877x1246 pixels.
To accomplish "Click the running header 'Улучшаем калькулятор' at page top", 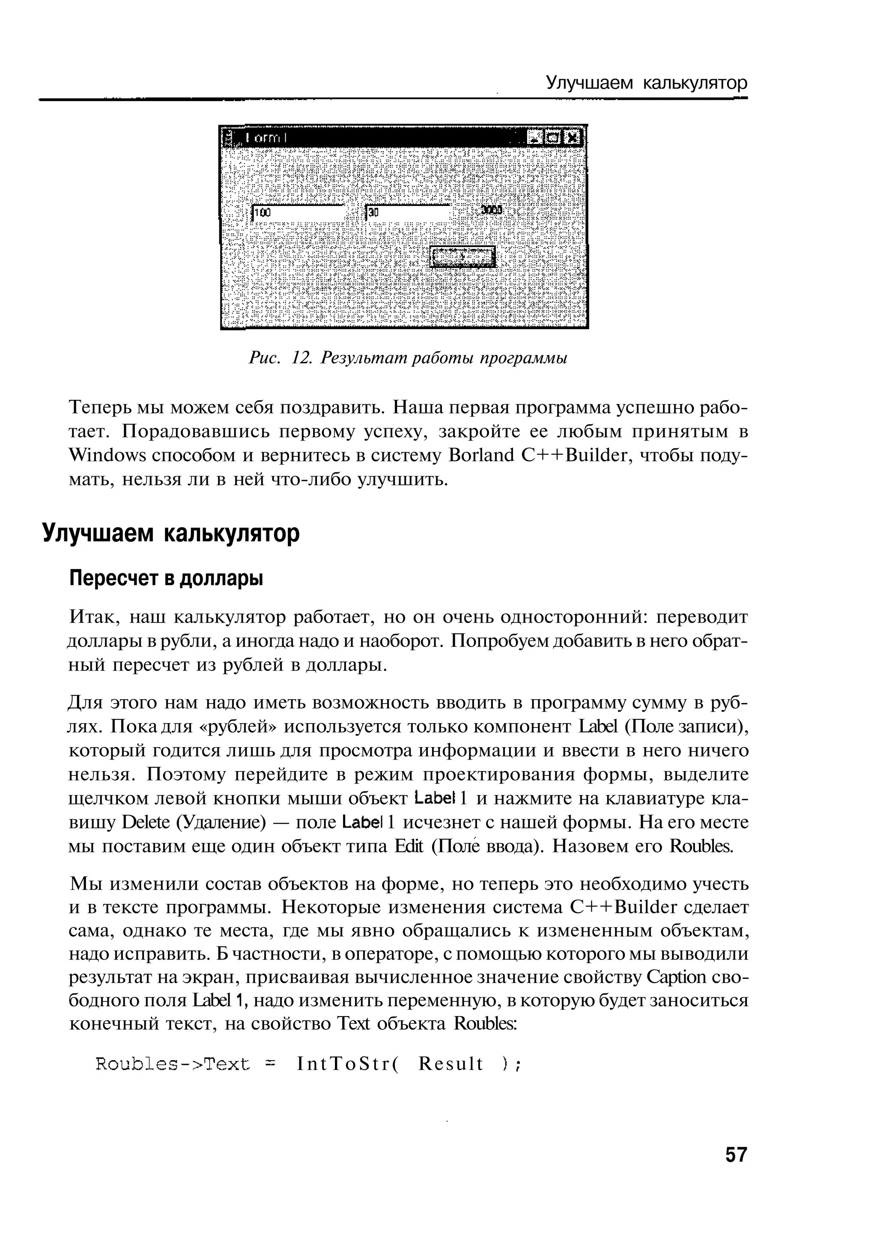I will pos(646,83).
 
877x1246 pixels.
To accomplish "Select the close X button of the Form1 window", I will pos(571,138).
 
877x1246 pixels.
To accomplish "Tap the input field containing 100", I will pos(298,213).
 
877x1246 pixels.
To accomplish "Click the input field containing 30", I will pos(408,213).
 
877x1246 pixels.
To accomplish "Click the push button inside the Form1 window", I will pos(462,256).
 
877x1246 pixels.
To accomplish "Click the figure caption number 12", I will pos(300,358).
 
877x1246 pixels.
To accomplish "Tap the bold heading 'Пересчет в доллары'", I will pos(166,578).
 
